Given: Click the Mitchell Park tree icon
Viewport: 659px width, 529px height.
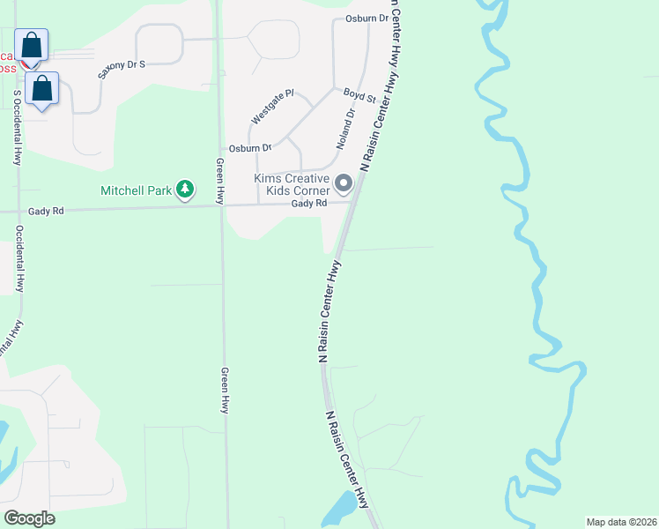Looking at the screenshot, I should click(184, 190).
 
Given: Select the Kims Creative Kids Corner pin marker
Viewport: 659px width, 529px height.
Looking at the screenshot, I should click(344, 184).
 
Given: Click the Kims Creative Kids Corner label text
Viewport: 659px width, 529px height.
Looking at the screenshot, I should click(292, 184).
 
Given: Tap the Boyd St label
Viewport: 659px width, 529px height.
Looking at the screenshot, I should click(359, 95).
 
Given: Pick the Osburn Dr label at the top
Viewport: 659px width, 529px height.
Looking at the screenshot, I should click(367, 18).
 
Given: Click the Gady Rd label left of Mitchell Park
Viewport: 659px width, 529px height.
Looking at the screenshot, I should click(46, 212).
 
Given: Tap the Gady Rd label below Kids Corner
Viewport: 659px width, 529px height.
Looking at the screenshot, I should click(309, 204).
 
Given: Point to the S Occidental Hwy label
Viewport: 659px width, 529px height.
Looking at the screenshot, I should click(17, 127).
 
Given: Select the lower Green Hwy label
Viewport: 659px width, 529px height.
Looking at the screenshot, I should click(225, 391).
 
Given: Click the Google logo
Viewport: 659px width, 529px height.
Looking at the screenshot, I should click(29, 518).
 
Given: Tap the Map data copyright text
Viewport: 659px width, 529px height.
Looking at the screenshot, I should click(621, 522).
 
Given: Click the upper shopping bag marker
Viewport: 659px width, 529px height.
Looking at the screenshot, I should click(32, 45).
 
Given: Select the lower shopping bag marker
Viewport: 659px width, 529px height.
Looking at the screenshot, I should click(42, 88).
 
